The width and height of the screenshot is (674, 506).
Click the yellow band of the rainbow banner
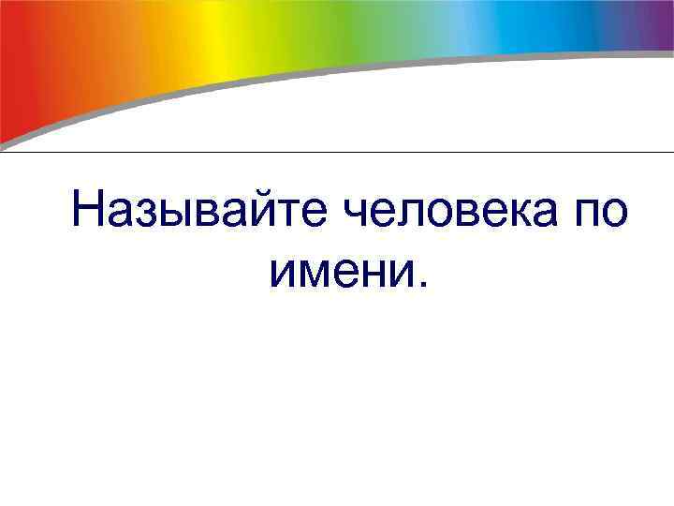click(225, 37)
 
